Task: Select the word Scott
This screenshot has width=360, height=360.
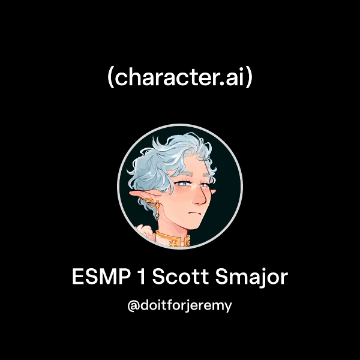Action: point(176,278)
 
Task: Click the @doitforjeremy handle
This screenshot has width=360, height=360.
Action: point(180,305)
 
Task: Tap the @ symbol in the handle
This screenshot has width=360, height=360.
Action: point(134,305)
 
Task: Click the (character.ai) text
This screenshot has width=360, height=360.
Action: point(180,77)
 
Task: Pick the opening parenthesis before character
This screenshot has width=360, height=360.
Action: point(110,78)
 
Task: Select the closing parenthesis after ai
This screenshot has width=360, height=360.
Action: point(250,78)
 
